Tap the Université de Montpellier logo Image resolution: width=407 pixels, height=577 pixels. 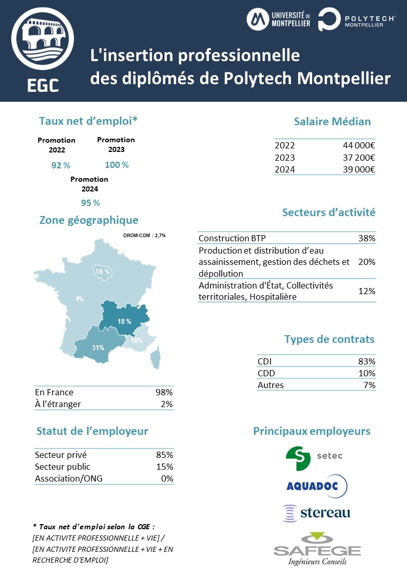278,20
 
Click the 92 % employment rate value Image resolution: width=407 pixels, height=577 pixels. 61,165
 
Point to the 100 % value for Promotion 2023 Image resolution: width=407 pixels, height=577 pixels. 117,165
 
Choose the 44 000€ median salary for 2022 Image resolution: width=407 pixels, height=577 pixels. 359,145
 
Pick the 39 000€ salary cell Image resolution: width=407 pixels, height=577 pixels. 359,170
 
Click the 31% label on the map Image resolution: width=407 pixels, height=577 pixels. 98,348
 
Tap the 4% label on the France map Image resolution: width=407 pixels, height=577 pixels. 80,299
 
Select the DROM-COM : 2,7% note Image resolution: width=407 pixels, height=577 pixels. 144,236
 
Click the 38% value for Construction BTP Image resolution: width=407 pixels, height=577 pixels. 367,238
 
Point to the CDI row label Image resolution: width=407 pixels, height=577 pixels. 264,361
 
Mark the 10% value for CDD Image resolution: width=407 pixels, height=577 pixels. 367,373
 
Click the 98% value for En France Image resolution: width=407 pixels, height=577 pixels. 164,392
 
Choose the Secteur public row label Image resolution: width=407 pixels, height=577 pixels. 63,467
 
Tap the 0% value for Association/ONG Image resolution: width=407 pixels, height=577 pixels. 167,478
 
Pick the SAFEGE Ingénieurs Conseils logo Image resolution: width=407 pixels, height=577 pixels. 317,549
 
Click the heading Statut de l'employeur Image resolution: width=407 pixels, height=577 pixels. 92,431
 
